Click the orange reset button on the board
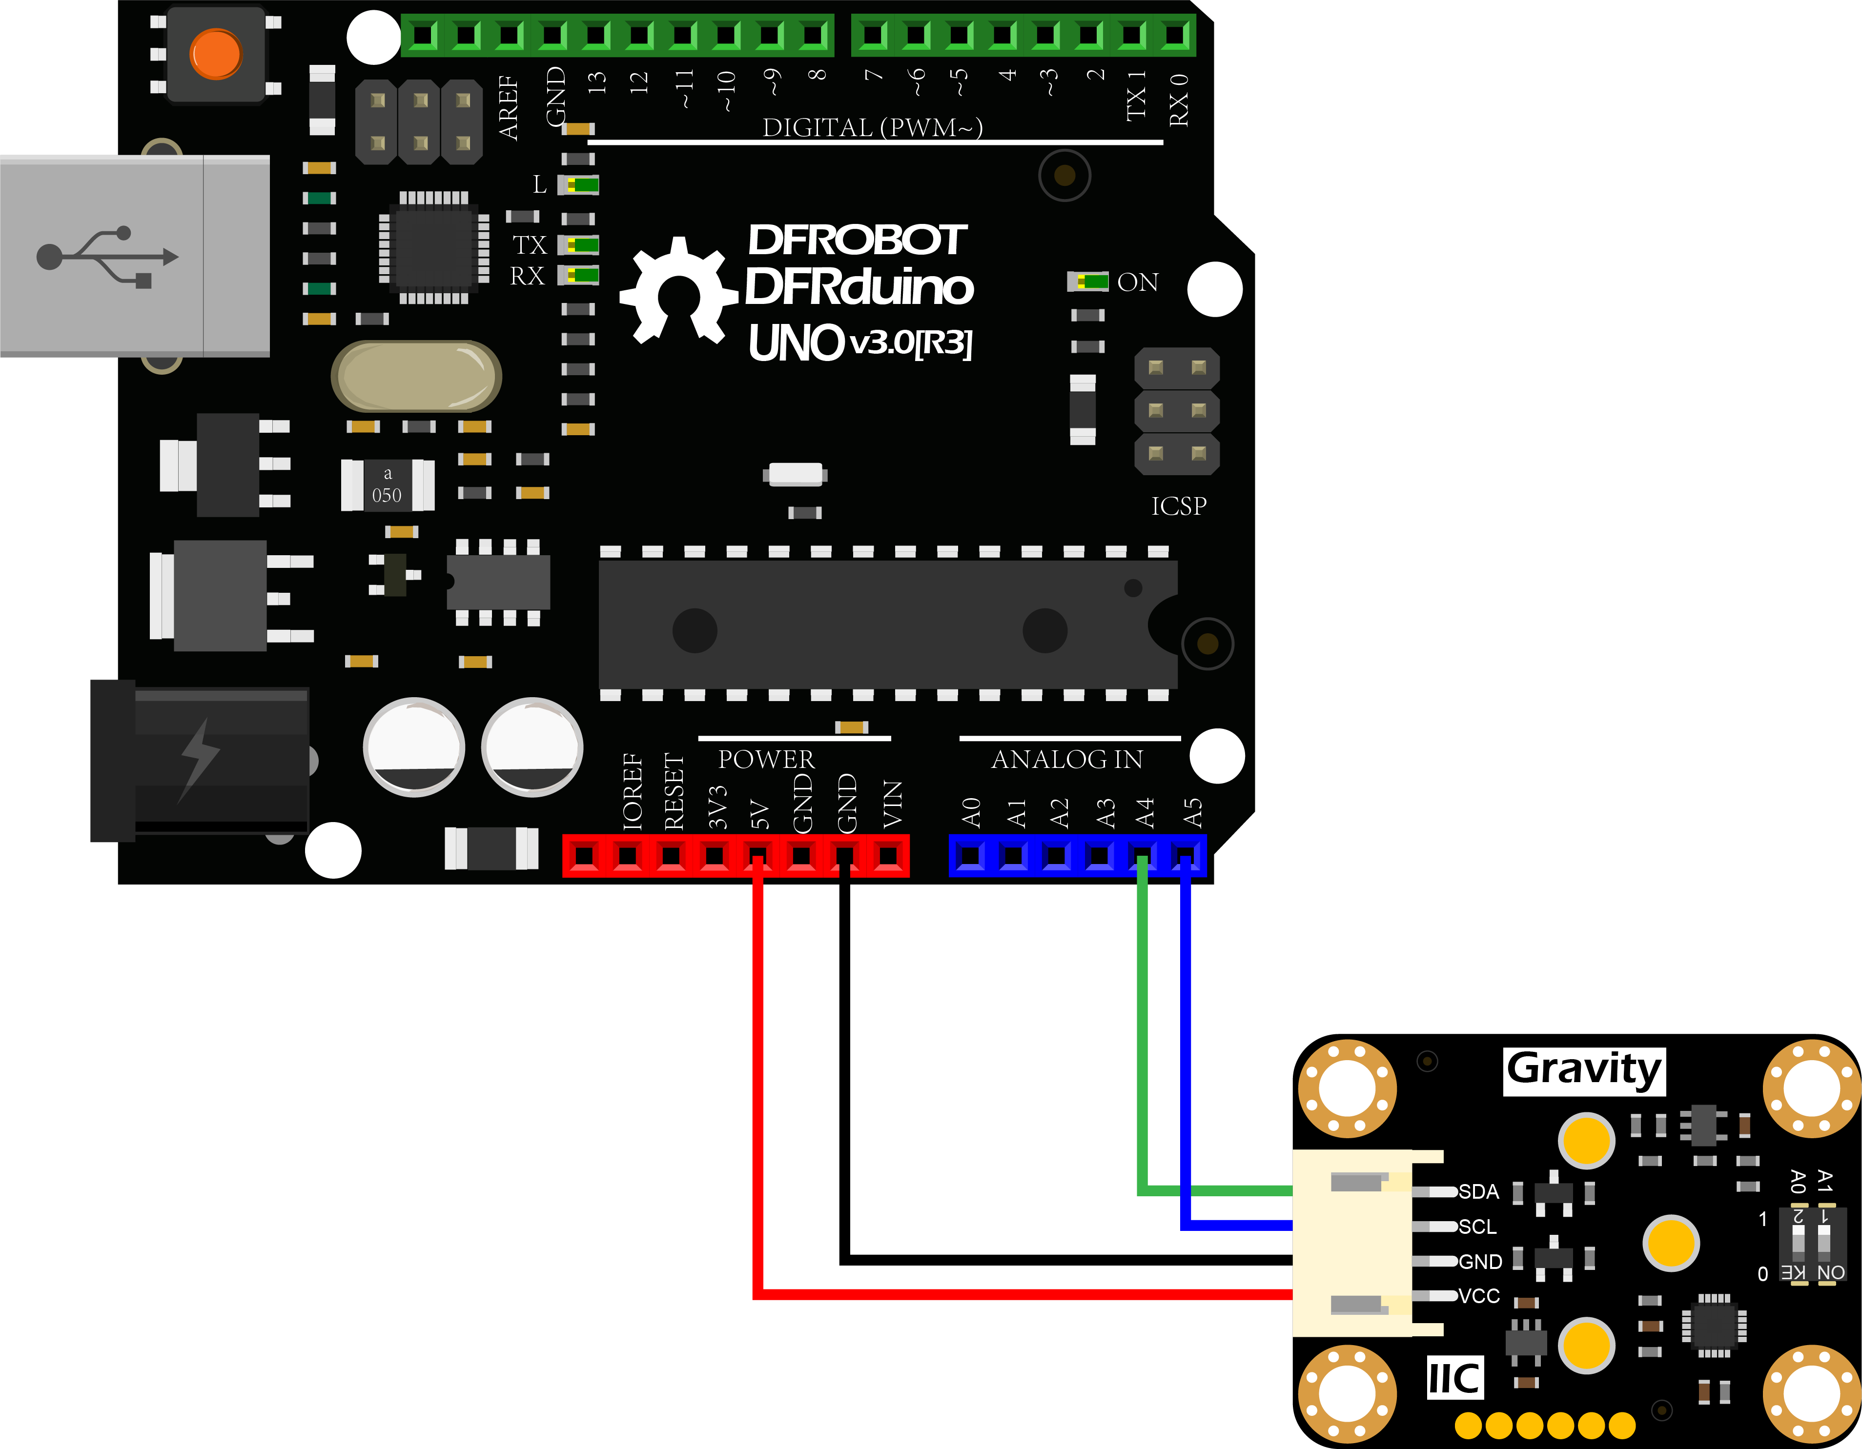[216, 54]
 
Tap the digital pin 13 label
[597, 82]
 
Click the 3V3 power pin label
[718, 807]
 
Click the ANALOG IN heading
[1066, 759]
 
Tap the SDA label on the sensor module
[1478, 1191]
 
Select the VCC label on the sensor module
[1478, 1296]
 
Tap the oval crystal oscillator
[416, 376]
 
